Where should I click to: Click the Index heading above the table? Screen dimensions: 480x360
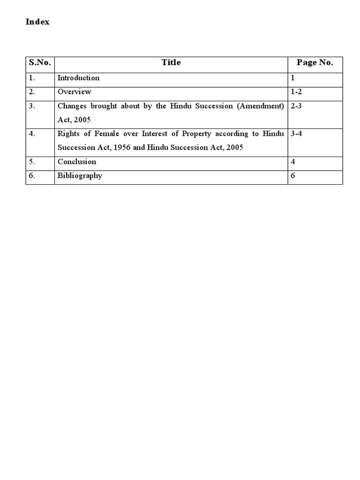click(37, 22)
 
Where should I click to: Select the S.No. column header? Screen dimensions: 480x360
click(40, 63)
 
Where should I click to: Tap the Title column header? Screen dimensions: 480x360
click(171, 63)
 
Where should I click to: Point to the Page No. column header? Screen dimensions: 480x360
click(315, 63)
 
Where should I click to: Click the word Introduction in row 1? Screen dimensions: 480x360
click(78, 78)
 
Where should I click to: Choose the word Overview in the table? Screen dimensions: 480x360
click(74, 92)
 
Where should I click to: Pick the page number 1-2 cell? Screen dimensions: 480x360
click(296, 92)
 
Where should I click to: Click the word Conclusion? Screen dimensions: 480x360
click(77, 162)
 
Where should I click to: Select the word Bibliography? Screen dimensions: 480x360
click(80, 176)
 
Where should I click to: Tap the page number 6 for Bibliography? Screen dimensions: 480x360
click(293, 176)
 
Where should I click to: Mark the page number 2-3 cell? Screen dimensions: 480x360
click(296, 106)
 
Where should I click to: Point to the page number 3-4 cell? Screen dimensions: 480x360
click(296, 134)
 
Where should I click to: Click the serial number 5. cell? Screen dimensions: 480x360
click(32, 162)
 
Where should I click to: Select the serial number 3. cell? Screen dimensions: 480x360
click(32, 106)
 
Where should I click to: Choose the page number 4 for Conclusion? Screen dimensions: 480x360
click(293, 162)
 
